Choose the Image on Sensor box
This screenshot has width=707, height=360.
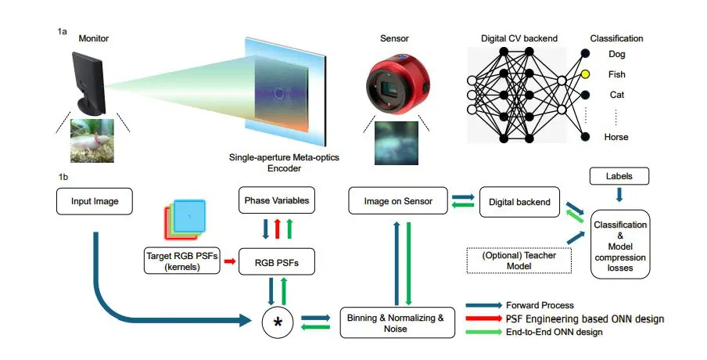click(397, 201)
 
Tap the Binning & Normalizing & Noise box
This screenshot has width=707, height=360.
click(397, 322)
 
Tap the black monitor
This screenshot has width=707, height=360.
click(88, 81)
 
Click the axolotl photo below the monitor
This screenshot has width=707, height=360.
click(94, 139)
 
